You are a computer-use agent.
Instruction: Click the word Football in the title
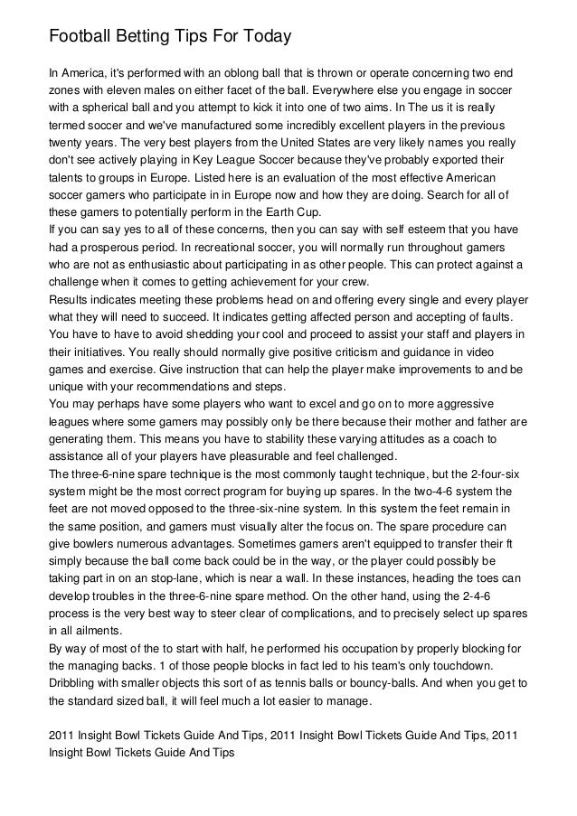pos(79,37)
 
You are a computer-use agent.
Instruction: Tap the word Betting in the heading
pos(146,37)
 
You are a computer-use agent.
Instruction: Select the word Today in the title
pos(261,37)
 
